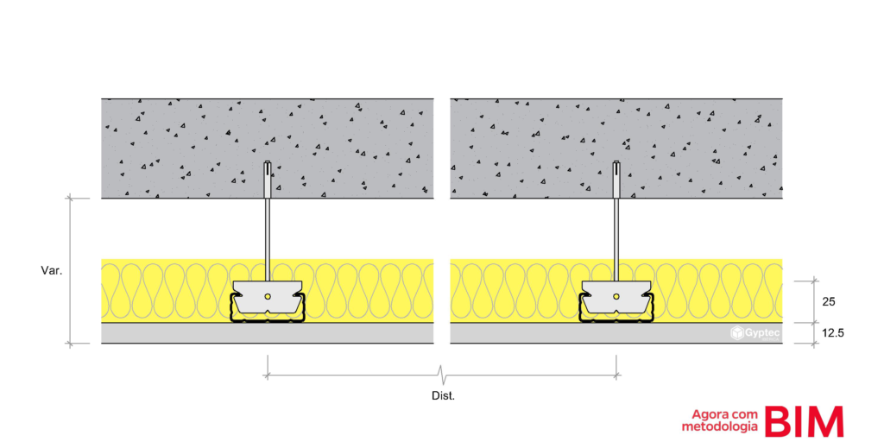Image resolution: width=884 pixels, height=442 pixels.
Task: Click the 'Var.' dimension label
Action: [51, 270]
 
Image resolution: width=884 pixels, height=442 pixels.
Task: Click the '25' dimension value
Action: [829, 302]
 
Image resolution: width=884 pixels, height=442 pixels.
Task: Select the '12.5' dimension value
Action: [833, 333]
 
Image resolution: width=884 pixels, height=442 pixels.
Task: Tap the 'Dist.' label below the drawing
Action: [443, 395]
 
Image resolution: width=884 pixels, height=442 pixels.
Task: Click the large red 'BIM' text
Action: [804, 421]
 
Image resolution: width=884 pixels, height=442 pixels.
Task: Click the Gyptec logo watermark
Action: [755, 333]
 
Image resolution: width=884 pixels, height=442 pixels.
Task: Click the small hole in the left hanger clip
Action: [268, 295]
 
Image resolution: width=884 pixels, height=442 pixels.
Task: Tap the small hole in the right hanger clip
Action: [616, 295]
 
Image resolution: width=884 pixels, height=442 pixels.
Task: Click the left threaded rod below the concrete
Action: [268, 240]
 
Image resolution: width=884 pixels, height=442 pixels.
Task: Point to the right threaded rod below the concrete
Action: [616, 240]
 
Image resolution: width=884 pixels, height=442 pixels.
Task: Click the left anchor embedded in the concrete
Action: [268, 180]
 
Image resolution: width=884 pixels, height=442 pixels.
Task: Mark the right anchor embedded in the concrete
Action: [616, 180]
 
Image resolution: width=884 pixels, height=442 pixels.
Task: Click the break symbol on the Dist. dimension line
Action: [443, 375]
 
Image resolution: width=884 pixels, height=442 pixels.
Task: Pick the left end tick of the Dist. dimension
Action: [268, 375]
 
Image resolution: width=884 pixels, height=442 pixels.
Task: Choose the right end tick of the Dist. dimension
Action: [616, 375]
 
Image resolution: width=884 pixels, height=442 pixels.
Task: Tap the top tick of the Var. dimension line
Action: [71, 198]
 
